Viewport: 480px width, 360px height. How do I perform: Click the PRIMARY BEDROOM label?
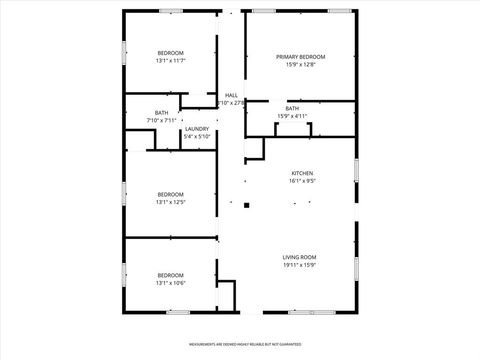click(301, 57)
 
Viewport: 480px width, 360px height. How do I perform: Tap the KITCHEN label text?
click(301, 173)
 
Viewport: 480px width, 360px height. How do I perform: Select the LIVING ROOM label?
click(301, 257)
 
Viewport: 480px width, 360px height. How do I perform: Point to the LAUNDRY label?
click(196, 128)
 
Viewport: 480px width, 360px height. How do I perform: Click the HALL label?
click(231, 95)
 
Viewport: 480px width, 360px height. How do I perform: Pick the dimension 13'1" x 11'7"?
click(171, 61)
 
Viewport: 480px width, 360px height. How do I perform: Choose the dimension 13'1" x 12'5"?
click(171, 202)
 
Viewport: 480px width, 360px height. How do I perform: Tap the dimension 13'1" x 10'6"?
click(171, 283)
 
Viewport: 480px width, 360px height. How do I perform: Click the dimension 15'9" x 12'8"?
click(301, 65)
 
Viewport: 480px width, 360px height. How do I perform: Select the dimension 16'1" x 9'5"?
click(301, 181)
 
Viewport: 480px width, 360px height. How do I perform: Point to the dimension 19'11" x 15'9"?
click(301, 265)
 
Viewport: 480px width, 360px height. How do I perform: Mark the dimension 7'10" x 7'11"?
click(161, 120)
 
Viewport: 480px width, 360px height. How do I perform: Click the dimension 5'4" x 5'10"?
click(196, 136)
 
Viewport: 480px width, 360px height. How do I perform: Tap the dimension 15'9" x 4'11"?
click(292, 116)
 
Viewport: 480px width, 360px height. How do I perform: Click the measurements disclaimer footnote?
click(239, 343)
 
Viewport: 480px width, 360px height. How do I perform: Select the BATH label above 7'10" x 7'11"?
click(161, 112)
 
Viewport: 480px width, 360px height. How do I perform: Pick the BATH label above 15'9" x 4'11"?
click(292, 108)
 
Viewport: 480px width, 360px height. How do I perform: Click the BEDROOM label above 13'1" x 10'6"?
click(171, 275)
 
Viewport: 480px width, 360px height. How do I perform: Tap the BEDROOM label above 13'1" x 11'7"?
click(171, 53)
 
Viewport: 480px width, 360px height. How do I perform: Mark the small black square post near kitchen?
click(246, 205)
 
